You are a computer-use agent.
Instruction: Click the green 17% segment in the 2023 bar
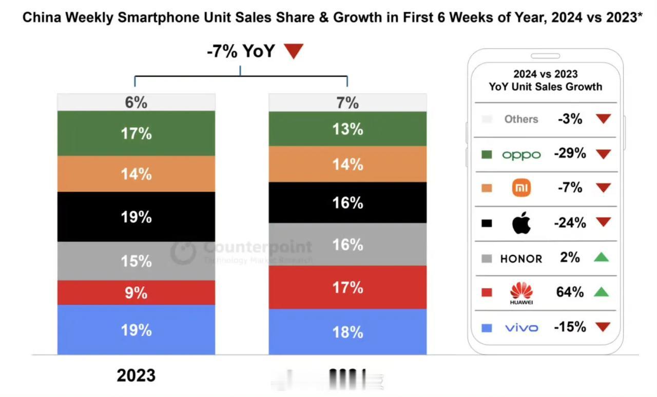pyautogui.click(x=136, y=133)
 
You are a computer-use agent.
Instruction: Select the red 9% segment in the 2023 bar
pyautogui.click(x=136, y=292)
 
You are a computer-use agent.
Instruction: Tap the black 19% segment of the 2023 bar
pyautogui.click(x=136, y=216)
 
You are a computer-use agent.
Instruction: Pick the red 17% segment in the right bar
pyautogui.click(x=347, y=287)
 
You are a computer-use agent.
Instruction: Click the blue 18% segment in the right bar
pyautogui.click(x=347, y=332)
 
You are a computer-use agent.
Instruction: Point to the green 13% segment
pyautogui.click(x=347, y=129)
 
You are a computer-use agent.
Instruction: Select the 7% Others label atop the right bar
pyautogui.click(x=347, y=103)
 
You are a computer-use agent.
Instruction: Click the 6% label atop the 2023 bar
pyautogui.click(x=136, y=103)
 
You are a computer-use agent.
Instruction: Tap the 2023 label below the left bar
pyautogui.click(x=136, y=375)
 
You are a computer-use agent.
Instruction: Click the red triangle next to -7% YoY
pyautogui.click(x=294, y=51)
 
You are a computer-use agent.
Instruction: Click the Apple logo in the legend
pyautogui.click(x=521, y=223)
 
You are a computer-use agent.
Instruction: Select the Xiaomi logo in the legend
pyautogui.click(x=521, y=188)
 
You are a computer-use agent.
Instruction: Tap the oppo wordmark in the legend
pyautogui.click(x=521, y=154)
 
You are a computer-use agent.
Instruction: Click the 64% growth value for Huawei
pyautogui.click(x=570, y=292)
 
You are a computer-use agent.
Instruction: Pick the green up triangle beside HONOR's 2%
pyautogui.click(x=601, y=257)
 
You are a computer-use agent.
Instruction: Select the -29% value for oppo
pyautogui.click(x=570, y=153)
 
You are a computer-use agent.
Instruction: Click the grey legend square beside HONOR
pyautogui.click(x=487, y=258)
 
